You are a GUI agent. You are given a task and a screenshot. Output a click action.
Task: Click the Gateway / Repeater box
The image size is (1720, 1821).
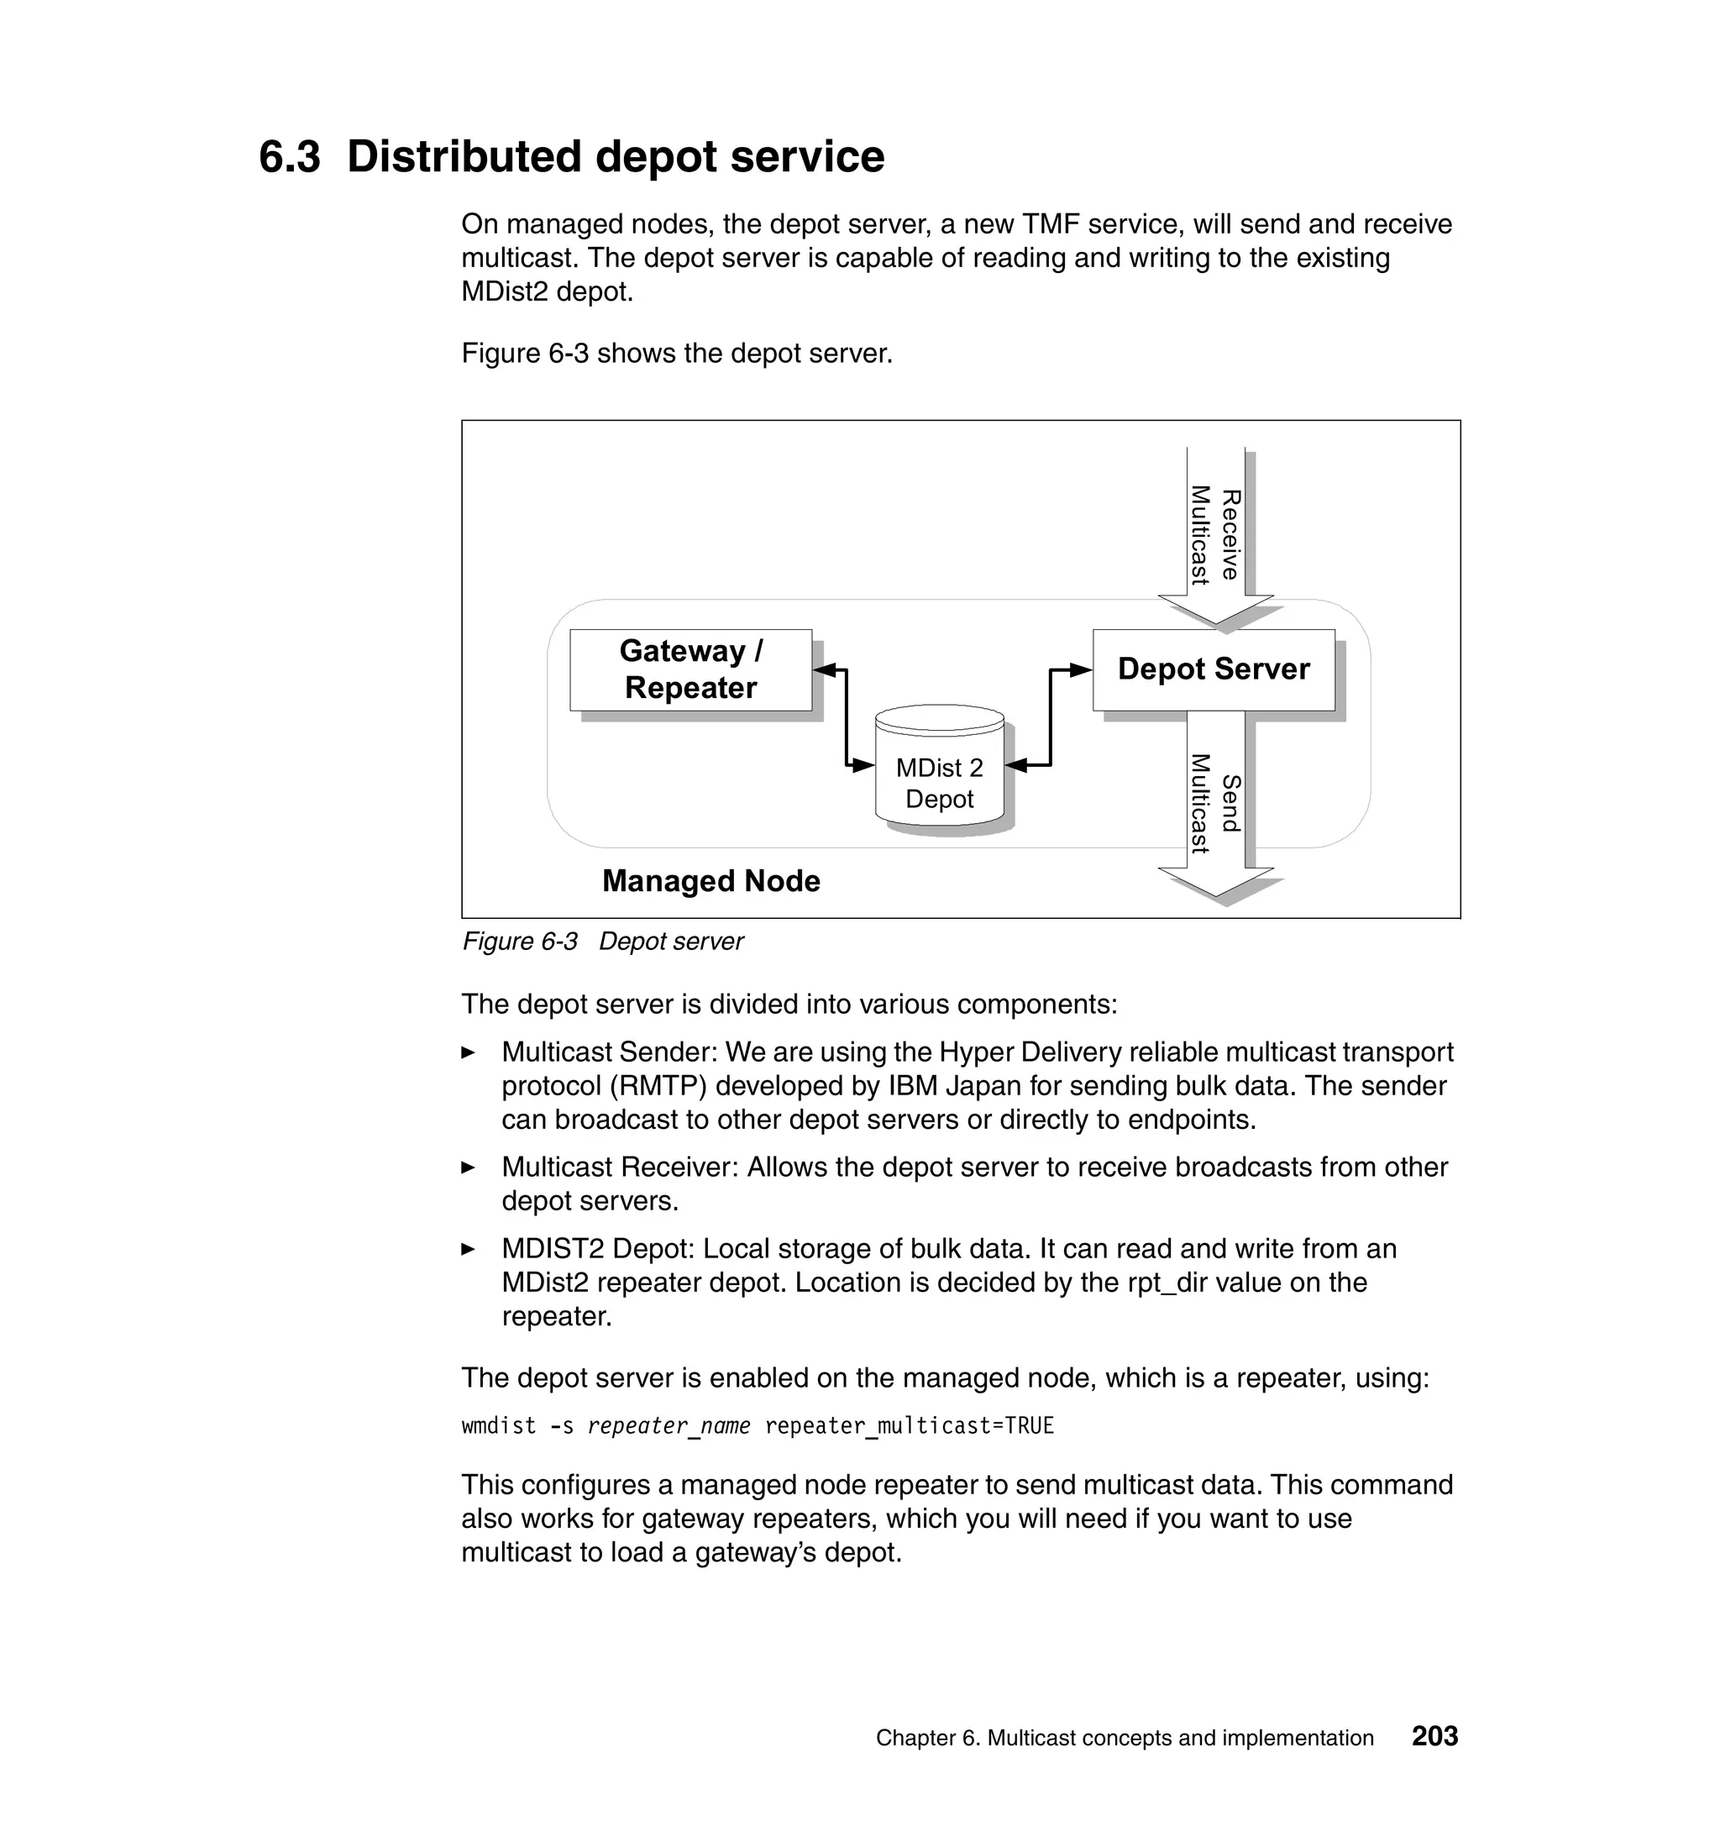[690, 669]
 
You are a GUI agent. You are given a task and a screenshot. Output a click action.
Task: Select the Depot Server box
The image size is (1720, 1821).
[1213, 669]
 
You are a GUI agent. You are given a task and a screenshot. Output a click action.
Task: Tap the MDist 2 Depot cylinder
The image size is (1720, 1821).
[939, 770]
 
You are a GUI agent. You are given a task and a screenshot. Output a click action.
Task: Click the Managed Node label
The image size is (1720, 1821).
[711, 881]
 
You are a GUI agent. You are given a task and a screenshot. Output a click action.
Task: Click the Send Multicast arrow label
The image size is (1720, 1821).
[1214, 803]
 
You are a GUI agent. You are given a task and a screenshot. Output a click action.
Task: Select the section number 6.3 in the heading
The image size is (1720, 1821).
[290, 157]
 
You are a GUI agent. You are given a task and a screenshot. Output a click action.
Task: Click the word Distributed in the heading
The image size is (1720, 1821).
[464, 157]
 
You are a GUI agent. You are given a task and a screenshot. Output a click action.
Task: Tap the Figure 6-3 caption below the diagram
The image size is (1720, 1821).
[602, 942]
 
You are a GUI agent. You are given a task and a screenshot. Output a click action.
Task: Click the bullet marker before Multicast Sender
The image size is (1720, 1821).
[469, 1052]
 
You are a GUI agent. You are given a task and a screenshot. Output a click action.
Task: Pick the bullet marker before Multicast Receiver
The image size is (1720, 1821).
[469, 1168]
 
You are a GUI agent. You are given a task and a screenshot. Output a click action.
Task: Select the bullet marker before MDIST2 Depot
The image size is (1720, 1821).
[469, 1250]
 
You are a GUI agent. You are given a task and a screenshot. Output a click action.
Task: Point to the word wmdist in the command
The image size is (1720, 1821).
[498, 1427]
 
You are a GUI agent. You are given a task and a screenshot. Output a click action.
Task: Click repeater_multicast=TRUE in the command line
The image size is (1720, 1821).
[909, 1427]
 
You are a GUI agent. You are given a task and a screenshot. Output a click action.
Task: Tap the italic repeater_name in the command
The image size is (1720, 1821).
[669, 1427]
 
